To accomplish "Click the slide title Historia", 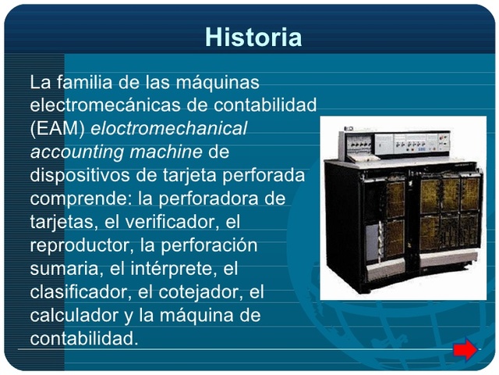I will [253, 37].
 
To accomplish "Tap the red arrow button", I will [465, 351].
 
